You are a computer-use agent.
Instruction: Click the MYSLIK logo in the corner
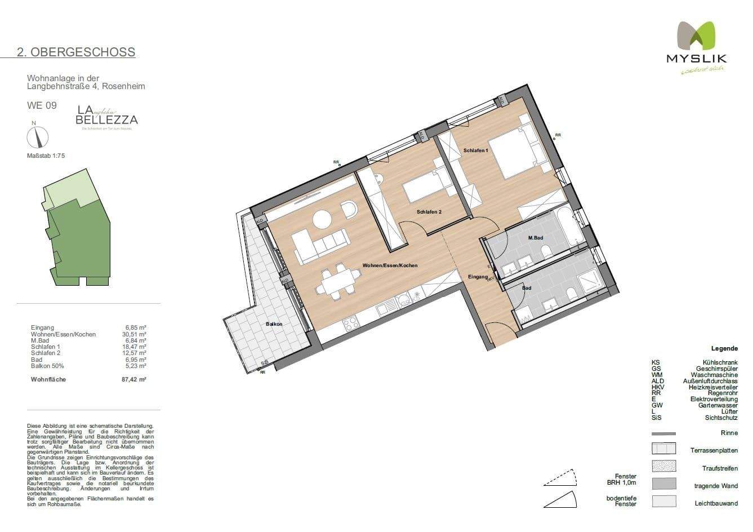pyautogui.click(x=696, y=47)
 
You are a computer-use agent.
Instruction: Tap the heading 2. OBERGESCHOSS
pyautogui.click(x=76, y=52)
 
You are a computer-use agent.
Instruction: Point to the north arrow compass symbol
pyautogui.click(x=38, y=136)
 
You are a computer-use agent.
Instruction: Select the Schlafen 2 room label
pyautogui.click(x=429, y=212)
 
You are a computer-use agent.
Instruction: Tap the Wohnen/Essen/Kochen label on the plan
pyautogui.click(x=390, y=265)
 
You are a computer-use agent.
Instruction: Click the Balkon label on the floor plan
pyautogui.click(x=274, y=324)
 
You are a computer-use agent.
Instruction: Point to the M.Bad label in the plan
pyautogui.click(x=535, y=238)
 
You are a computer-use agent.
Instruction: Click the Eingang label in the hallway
pyautogui.click(x=478, y=277)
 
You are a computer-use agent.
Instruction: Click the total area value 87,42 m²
pyautogui.click(x=135, y=380)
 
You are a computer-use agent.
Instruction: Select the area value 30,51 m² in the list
pyautogui.click(x=135, y=334)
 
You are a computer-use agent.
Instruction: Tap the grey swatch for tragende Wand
pyautogui.click(x=663, y=484)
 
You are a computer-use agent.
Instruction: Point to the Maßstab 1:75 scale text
pyautogui.click(x=46, y=156)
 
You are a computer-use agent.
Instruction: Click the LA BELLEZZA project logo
pyautogui.click(x=106, y=117)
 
